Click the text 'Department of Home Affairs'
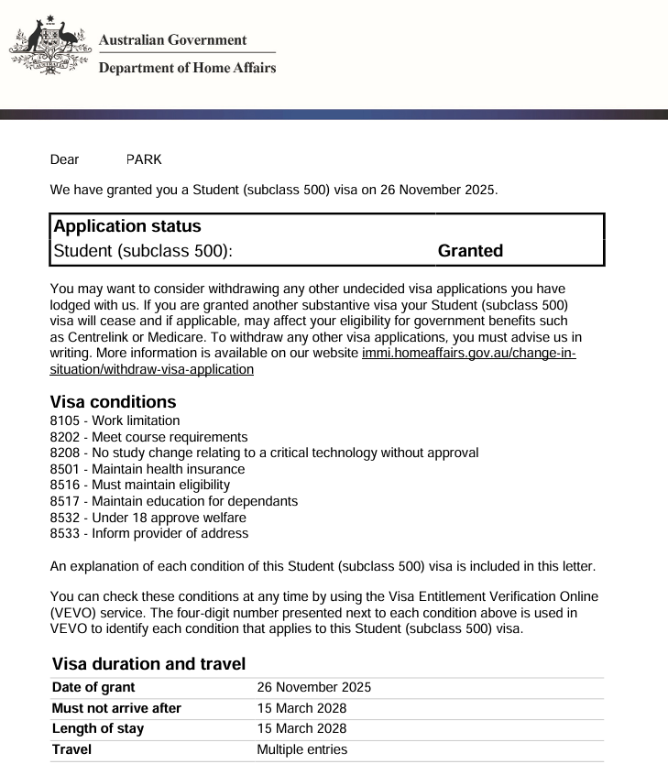(187, 67)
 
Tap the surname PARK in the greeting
(144, 159)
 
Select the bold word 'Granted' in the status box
(470, 251)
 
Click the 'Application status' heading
(127, 226)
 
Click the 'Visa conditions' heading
(113, 402)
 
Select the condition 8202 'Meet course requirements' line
(148, 437)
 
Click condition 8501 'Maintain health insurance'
(148, 469)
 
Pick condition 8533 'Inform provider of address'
(148, 533)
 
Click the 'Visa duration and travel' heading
(148, 663)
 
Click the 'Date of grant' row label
(93, 687)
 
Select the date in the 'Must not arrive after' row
(301, 708)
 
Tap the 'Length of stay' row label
(98, 729)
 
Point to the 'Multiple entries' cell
(301, 750)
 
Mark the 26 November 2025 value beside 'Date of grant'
(313, 687)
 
